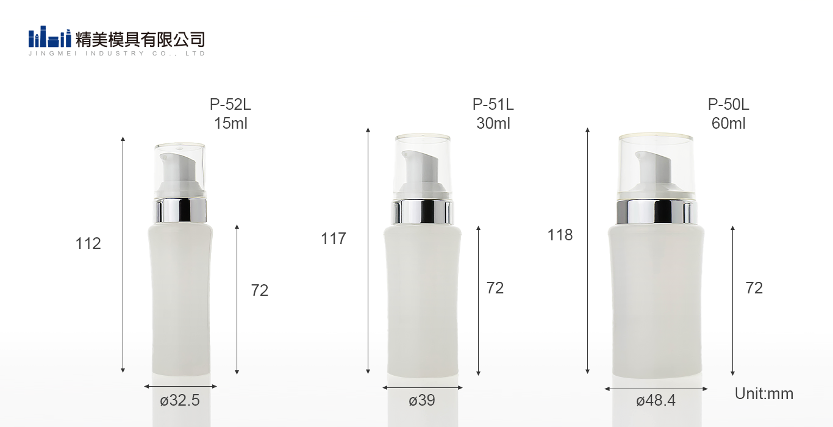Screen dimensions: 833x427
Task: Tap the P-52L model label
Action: coord(230,104)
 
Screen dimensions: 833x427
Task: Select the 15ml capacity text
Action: coord(231,123)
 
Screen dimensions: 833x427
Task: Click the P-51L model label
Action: coord(493,104)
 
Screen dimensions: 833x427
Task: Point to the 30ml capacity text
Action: coord(493,123)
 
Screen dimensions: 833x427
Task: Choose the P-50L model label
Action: coord(728,104)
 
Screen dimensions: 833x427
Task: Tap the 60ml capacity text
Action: coord(729,123)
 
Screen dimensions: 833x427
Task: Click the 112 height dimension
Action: coord(88,243)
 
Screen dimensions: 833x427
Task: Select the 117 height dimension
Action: coord(334,239)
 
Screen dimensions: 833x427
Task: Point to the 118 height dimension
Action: coord(560,235)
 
